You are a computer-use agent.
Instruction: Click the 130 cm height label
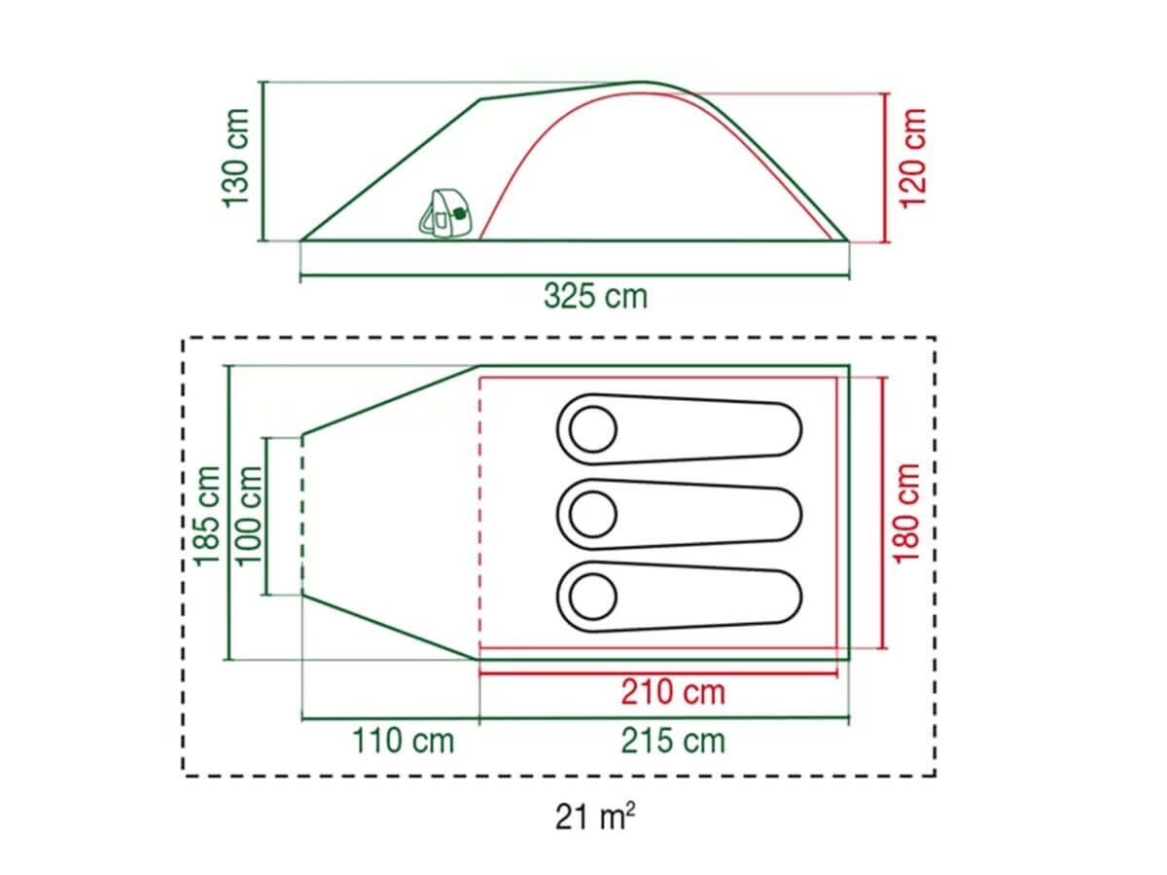(235, 158)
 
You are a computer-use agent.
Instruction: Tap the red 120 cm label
(912, 158)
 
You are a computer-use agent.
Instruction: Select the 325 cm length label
(595, 296)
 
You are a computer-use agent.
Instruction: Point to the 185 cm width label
(206, 516)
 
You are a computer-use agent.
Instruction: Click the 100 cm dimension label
(248, 516)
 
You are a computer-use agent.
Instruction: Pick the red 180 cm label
(906, 513)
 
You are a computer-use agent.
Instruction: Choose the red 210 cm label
(673, 692)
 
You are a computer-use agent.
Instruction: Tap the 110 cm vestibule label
(404, 741)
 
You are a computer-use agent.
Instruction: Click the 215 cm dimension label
(673, 741)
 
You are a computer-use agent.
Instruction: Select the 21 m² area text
(595, 817)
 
